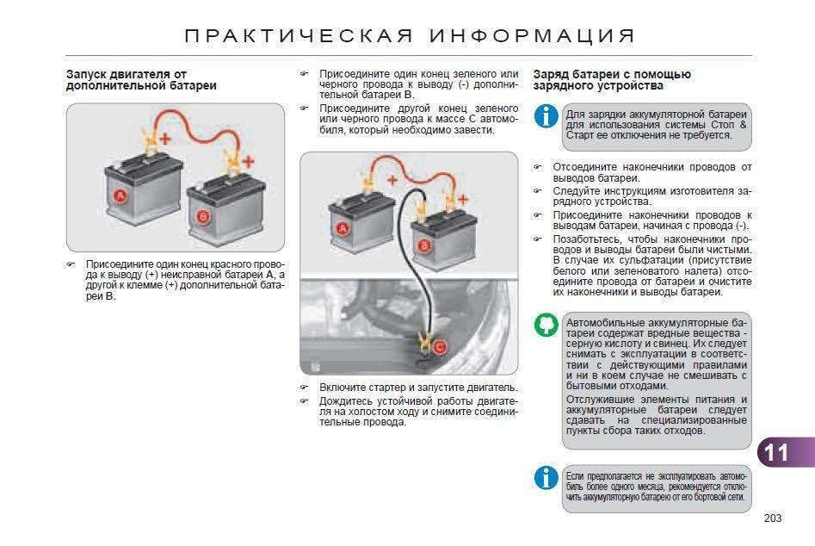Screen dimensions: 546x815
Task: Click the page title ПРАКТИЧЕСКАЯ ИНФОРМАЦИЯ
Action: [x=410, y=36]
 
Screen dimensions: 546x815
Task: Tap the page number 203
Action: [x=771, y=518]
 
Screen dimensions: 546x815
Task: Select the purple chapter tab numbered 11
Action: [x=779, y=453]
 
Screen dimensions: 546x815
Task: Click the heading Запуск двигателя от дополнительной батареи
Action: [x=141, y=80]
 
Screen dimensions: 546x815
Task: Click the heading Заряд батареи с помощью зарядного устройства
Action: [x=612, y=80]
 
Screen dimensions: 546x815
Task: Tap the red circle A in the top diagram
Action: [x=120, y=196]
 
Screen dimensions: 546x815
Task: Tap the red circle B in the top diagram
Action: [x=203, y=217]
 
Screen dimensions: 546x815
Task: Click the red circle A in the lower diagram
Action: [x=342, y=228]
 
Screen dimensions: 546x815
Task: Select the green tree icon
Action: [x=546, y=326]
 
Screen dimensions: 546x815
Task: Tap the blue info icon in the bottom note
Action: [x=546, y=478]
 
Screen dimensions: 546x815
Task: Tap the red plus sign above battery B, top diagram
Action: [x=248, y=160]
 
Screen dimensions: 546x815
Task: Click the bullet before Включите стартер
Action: [x=304, y=388]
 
